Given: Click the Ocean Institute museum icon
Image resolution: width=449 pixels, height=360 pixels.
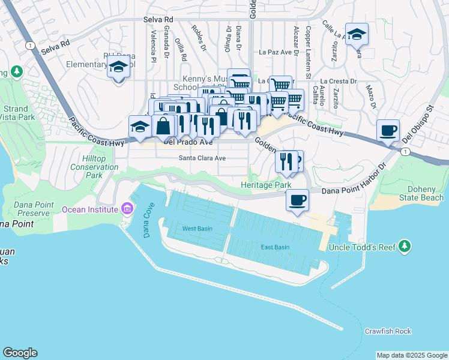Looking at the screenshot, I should pos(126,209).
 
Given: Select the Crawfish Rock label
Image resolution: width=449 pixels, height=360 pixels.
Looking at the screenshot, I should pos(388,331).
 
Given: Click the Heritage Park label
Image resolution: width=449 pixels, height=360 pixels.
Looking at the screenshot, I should pos(266,186).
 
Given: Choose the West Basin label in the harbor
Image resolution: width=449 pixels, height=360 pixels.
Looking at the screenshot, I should pos(197,229).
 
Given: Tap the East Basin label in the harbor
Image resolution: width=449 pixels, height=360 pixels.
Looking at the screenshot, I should pos(275,247).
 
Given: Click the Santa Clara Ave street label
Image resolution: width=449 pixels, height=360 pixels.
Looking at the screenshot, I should pos(202,158).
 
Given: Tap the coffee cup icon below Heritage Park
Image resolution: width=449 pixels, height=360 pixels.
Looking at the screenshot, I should pos(297,200).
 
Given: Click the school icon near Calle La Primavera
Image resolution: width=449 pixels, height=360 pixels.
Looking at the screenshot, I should pos(357,35).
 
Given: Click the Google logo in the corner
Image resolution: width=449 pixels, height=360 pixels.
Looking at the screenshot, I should pos(20,353).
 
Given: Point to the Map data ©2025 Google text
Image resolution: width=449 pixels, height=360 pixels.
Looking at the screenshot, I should pos(411,355).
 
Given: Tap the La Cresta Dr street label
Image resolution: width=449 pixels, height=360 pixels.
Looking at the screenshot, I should pos(339,81).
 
